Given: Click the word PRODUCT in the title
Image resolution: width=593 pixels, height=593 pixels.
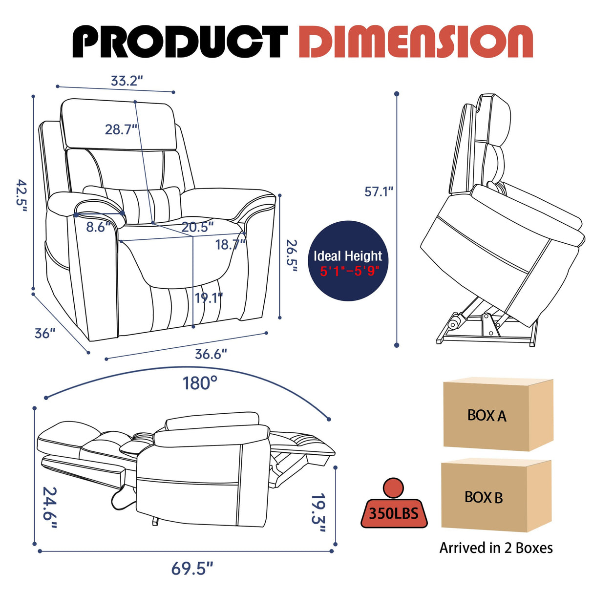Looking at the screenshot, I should pos(179,42).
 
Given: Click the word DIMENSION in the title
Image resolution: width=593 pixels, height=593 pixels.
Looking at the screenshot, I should pos(415,42).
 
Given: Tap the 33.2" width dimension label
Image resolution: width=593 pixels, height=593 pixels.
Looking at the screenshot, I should pos(127,81).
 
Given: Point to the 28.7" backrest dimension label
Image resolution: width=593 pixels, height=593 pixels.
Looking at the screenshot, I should pos(121,129).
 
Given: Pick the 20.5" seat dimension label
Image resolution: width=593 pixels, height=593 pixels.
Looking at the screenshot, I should pos(198,227).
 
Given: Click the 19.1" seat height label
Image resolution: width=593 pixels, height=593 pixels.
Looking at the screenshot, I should pos(209,297).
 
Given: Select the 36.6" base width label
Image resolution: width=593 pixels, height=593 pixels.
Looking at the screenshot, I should pos(211,354).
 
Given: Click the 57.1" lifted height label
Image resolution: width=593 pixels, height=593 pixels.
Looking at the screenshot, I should pos(379,191).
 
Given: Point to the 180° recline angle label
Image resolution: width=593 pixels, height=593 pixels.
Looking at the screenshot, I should pos(200,383).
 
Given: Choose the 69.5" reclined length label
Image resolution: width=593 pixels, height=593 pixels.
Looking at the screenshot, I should pos(192,569).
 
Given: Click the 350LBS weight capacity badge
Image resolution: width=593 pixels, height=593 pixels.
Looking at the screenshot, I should pos(394,512).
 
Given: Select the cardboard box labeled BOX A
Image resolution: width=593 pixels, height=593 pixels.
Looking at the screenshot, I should pos(497,415).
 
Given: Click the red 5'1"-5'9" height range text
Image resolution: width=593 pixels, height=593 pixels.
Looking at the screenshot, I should pos(349,271).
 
